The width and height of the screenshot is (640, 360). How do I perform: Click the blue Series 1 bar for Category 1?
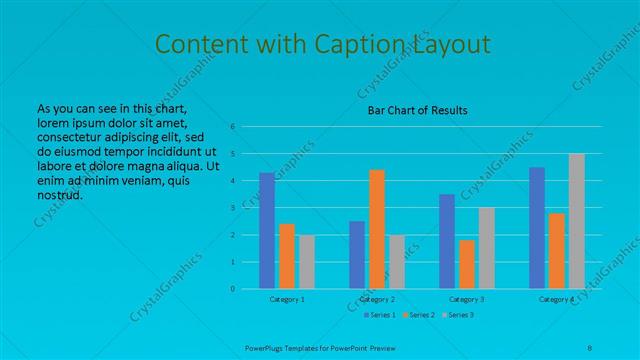pos(267,231)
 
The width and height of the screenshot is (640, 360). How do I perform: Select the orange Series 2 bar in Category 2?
pos(376,229)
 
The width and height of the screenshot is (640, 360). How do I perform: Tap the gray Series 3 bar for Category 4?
pos(576,221)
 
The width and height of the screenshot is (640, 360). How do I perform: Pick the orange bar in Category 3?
pos(466,264)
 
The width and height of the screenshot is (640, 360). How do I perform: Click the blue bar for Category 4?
pos(537,228)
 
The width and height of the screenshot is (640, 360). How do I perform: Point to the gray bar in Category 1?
pos(306,262)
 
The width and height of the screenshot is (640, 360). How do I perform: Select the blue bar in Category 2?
pos(357,255)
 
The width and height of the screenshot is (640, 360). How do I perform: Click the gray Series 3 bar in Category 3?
pos(486,248)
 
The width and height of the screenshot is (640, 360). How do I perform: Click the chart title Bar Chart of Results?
pos(412,110)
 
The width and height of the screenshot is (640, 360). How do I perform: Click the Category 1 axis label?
pos(287,299)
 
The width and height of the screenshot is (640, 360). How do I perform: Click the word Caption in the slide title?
pos(360,44)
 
